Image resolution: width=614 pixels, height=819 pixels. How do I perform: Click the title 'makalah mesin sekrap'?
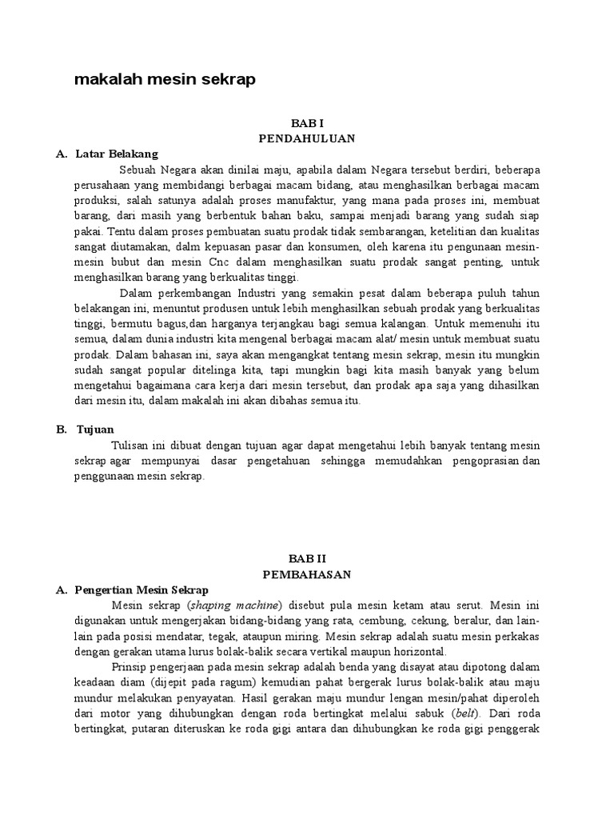tap(164, 80)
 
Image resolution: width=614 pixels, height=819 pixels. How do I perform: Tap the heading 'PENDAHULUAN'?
tap(306, 138)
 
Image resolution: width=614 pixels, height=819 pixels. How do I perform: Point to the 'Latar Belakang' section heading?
tap(117, 154)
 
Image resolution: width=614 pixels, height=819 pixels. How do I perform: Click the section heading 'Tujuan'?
tap(95, 429)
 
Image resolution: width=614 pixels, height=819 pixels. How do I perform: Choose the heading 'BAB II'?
tap(307, 560)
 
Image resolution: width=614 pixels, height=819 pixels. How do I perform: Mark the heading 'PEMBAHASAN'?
tap(307, 574)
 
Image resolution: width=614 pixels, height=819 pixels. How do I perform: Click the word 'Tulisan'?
tap(130, 445)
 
